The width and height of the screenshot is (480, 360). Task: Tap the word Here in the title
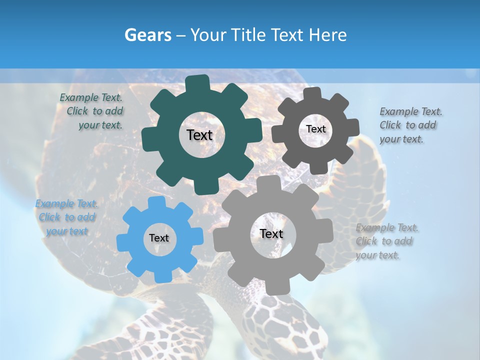click(328, 35)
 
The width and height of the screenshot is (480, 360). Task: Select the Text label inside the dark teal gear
click(199, 135)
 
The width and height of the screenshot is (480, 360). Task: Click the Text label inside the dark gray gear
click(315, 129)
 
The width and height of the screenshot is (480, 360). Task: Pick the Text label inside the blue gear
click(159, 238)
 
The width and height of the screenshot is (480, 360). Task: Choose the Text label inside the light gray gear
click(271, 233)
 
